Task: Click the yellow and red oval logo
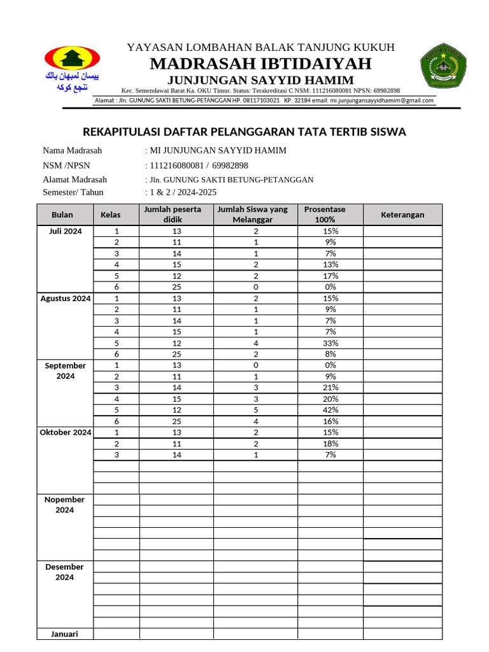click(x=72, y=59)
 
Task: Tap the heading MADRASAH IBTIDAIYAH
click(x=260, y=64)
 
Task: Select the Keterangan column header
click(x=402, y=215)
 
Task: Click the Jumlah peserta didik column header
click(x=176, y=215)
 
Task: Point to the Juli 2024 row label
click(x=66, y=231)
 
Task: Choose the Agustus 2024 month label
click(x=66, y=298)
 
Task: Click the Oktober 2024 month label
click(x=66, y=432)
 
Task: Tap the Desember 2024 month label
click(x=64, y=572)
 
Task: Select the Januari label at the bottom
click(x=64, y=634)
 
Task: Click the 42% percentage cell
click(x=330, y=410)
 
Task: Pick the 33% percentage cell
click(x=330, y=343)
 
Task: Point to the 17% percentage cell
click(x=330, y=276)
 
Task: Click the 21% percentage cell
click(x=330, y=387)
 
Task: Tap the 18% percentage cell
click(x=330, y=444)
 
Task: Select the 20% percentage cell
click(x=330, y=399)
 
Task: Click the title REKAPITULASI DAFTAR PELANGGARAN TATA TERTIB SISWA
click(x=244, y=132)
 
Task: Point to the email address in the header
click(x=382, y=100)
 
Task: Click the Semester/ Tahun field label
click(x=73, y=192)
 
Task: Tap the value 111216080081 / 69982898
click(x=198, y=165)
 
